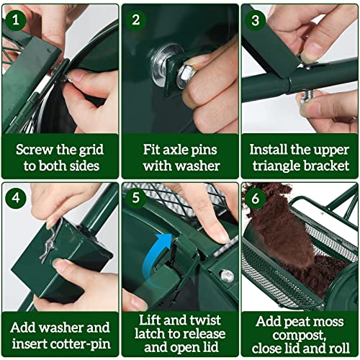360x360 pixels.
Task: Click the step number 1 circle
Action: (x=16, y=20)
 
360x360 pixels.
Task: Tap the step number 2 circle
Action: (x=135, y=20)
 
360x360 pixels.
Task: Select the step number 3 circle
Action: (x=256, y=20)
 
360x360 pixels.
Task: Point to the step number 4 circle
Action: (x=16, y=198)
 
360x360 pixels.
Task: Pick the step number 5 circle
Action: (x=135, y=198)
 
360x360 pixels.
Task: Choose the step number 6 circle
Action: (x=256, y=199)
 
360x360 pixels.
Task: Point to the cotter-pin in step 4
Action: (x=51, y=243)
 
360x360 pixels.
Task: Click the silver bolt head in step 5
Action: (x=227, y=276)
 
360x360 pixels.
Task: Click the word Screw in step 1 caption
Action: (x=35, y=150)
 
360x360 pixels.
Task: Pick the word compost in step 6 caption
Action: (x=299, y=336)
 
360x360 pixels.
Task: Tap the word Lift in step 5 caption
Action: (x=149, y=320)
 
